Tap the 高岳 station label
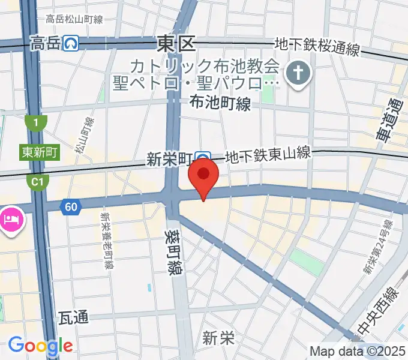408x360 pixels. (46, 43)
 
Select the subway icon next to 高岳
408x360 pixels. (73, 43)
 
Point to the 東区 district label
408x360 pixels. (176, 43)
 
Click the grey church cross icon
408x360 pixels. (296, 74)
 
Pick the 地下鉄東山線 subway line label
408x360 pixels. (268, 155)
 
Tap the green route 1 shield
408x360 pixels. (37, 123)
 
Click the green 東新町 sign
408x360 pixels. (39, 152)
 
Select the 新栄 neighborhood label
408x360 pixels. (218, 338)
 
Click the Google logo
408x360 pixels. (40, 346)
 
